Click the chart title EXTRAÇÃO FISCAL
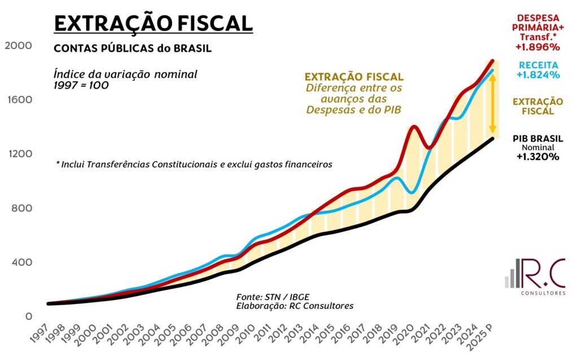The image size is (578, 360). (152, 23)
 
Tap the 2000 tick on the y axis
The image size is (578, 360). (18, 45)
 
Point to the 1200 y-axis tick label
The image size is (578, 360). (18, 154)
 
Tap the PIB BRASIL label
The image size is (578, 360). (537, 138)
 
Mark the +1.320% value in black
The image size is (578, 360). (537, 157)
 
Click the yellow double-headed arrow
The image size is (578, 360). (492, 103)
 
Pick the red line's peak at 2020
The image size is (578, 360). (414, 126)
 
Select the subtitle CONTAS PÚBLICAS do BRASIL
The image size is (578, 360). (133, 49)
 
